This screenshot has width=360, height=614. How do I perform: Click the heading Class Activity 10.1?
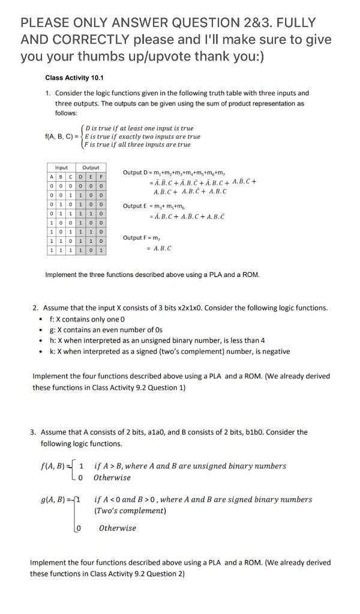(x=74, y=78)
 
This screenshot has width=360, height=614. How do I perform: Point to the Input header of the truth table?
(x=61, y=167)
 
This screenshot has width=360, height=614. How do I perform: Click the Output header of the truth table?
(x=91, y=167)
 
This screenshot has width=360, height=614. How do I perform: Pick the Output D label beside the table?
(x=139, y=173)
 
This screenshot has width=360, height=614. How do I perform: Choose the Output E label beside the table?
(x=139, y=206)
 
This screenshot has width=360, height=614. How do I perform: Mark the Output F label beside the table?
(x=139, y=238)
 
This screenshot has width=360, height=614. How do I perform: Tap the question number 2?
(x=35, y=308)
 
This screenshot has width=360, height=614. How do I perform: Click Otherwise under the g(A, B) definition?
(x=117, y=528)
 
